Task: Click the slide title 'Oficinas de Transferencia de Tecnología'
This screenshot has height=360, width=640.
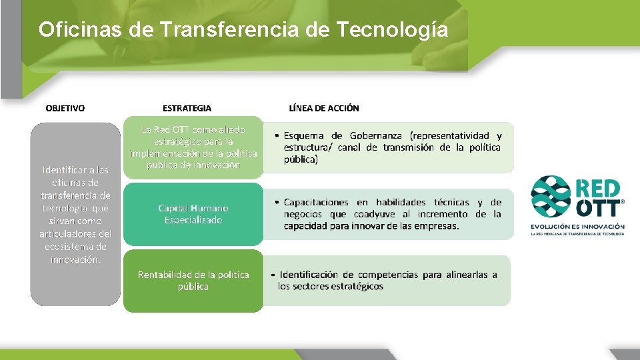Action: click(243, 29)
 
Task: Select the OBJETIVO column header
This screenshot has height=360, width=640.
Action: click(65, 108)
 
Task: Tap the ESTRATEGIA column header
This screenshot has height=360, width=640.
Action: click(187, 108)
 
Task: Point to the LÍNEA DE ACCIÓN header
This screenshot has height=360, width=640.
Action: click(324, 108)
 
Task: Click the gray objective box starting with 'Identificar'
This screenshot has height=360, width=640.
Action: click(75, 213)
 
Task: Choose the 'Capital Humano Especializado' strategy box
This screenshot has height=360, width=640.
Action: click(193, 214)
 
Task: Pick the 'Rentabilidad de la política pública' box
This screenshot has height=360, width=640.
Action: click(193, 281)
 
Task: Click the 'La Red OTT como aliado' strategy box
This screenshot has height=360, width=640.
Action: click(193, 147)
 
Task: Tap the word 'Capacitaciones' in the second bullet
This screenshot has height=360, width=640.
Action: click(316, 202)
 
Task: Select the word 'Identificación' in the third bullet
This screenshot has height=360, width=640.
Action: click(310, 275)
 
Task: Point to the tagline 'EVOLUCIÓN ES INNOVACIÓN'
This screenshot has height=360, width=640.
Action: click(577, 227)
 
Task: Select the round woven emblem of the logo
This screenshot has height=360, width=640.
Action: click(551, 197)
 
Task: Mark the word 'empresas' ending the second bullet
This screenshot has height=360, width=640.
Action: click(437, 226)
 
